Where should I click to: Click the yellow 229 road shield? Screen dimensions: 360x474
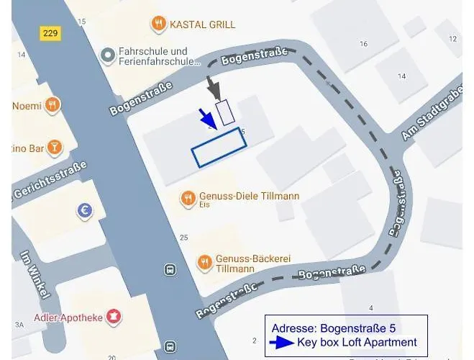51,33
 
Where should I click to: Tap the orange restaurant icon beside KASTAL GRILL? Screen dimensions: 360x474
158,24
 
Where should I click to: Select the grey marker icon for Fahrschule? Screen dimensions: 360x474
108,55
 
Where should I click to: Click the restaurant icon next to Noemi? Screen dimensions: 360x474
51,106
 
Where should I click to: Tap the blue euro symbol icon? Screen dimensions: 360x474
86,210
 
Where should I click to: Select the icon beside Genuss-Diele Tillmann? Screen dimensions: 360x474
188,197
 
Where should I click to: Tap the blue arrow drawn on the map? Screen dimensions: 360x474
207,118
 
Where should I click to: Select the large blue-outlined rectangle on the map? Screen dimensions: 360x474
219,148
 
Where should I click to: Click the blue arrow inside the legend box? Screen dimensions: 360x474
282,343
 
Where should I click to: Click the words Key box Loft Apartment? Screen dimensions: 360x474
357,343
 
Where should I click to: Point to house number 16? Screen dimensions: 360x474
363,44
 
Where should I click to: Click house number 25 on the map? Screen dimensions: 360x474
183,238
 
